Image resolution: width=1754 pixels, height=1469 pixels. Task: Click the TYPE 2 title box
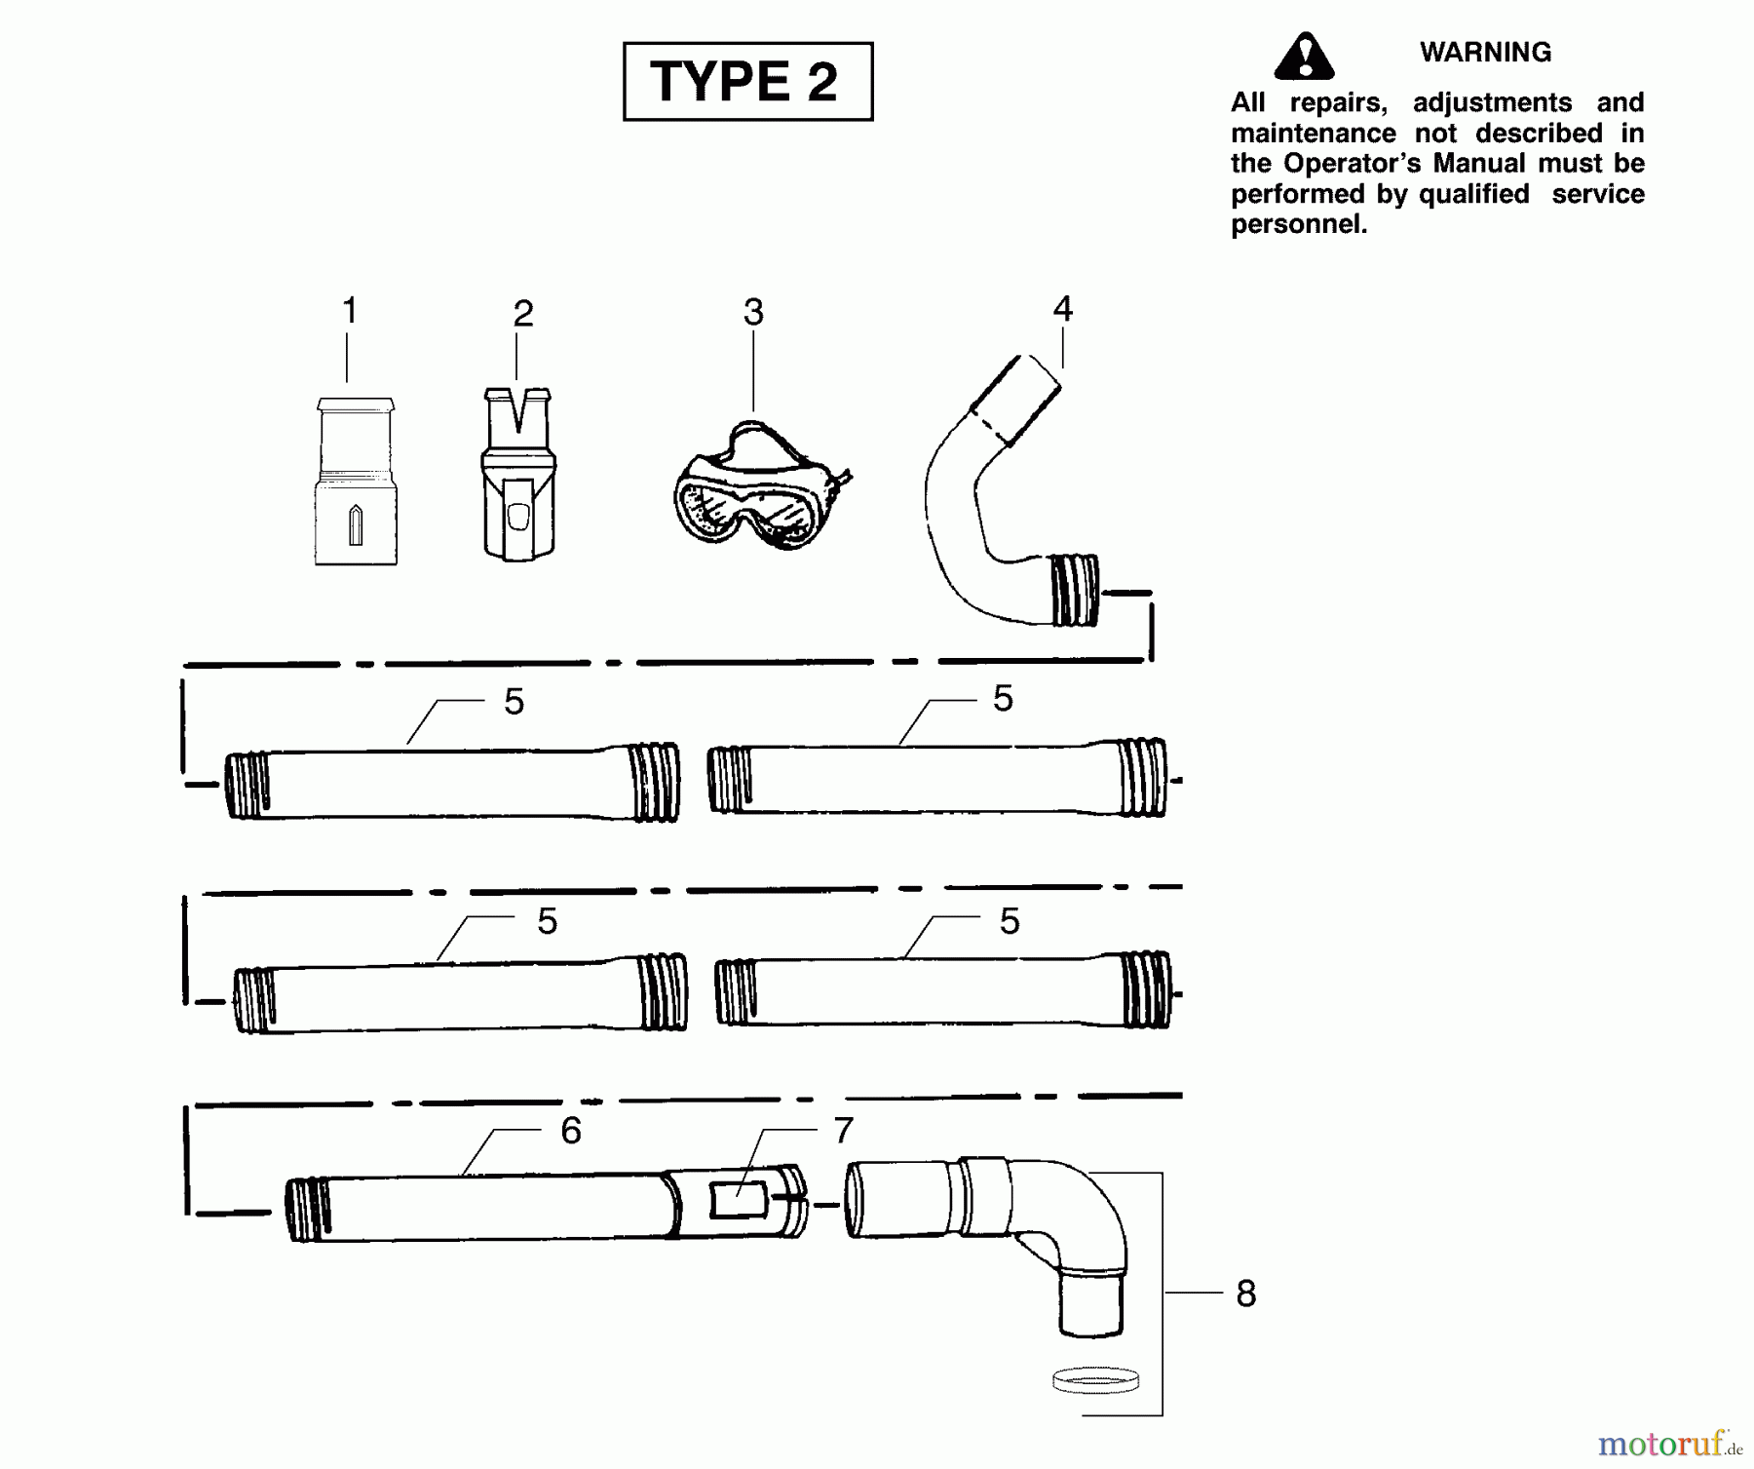747,81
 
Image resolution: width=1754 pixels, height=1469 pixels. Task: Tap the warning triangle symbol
1303,57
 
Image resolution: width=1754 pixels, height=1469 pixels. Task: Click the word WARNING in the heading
1485,53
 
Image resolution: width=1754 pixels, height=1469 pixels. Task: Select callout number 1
350,312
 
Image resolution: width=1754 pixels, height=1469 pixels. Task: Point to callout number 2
523,314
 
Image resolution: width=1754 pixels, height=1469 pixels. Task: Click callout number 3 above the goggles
753,313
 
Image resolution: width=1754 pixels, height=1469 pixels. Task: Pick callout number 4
1062,309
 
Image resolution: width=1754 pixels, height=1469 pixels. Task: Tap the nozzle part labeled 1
356,483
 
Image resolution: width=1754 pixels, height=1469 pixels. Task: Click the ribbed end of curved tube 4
1074,591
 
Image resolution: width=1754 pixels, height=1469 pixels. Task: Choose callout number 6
571,1131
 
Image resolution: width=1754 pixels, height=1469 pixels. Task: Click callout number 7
844,1131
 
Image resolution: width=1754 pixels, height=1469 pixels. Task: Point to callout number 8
1245,1295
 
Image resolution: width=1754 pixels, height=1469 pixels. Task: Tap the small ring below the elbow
1096,1380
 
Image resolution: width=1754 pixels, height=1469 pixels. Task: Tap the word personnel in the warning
1298,224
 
